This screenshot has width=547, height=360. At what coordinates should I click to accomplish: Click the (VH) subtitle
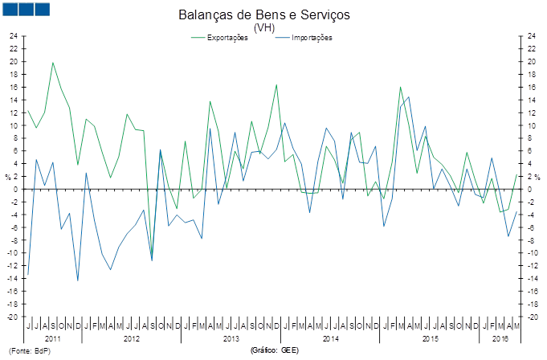264,28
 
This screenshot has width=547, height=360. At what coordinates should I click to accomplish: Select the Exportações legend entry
227,38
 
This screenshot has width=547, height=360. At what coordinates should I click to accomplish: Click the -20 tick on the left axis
12,317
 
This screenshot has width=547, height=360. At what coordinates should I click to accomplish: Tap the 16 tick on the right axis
532,87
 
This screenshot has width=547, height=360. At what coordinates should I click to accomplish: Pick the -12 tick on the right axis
533,265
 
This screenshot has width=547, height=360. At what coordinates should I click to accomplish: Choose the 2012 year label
132,337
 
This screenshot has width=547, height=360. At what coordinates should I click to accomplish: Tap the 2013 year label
231,337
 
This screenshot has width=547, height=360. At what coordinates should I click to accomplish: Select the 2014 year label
330,337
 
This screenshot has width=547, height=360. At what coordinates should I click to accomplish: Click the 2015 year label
430,337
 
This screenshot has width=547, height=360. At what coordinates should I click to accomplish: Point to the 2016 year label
500,337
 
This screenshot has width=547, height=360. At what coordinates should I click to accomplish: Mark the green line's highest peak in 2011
53,62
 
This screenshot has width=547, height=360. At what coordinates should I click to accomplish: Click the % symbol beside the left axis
7,177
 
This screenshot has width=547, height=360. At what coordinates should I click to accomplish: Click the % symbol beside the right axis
538,177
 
